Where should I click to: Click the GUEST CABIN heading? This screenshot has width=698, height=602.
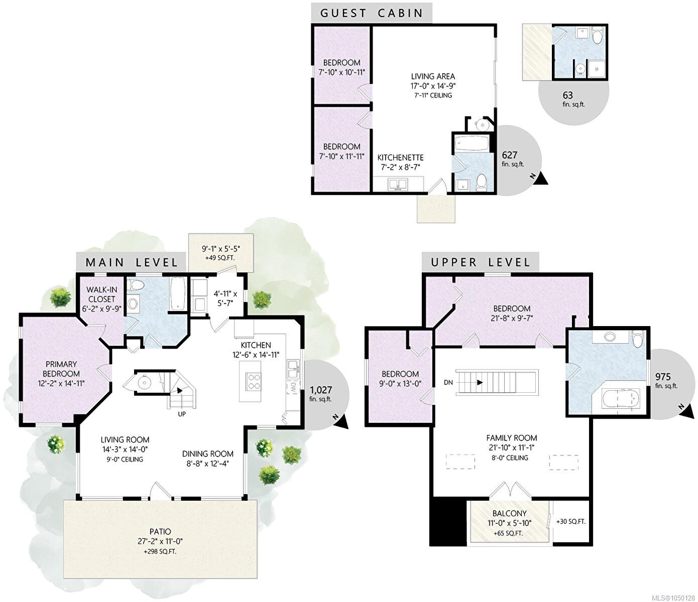tap(372, 13)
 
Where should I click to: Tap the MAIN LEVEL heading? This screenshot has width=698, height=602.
tap(132, 262)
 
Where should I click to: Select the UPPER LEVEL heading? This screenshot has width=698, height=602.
tap(481, 262)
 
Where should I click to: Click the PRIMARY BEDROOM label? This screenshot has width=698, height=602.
tap(61, 369)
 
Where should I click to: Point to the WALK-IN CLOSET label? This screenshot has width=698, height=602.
tap(101, 294)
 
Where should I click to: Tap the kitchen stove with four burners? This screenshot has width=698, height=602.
tap(253, 382)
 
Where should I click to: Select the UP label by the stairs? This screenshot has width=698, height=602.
tap(182, 414)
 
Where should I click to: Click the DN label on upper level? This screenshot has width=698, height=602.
tap(448, 382)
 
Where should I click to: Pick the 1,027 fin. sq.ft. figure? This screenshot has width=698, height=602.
tap(321, 394)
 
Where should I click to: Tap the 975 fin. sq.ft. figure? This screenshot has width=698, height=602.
tap(666, 380)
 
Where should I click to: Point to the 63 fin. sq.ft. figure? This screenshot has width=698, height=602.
tap(573, 99)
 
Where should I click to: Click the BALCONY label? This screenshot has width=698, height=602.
tap(510, 513)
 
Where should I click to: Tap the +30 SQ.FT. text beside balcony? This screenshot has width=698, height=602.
tap(570, 521)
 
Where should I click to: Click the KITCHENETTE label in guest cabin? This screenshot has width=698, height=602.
tap(401, 158)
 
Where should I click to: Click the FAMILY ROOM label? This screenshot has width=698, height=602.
tap(512, 438)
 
